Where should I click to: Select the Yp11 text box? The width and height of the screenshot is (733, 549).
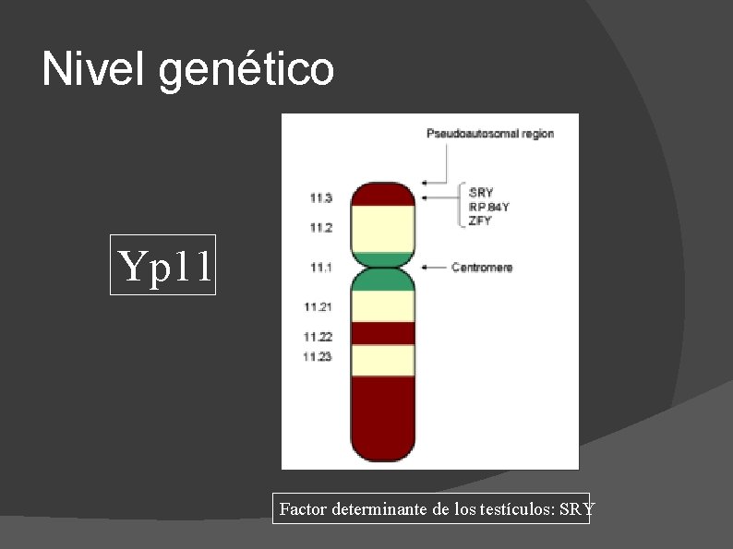(x=162, y=265)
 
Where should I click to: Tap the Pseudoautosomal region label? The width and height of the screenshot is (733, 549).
(x=490, y=134)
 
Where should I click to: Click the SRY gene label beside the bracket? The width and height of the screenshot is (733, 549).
(x=481, y=193)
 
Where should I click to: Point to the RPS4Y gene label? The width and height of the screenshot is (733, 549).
(x=489, y=207)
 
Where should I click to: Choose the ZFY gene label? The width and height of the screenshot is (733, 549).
(x=480, y=221)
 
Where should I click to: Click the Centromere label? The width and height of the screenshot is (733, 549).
(x=482, y=268)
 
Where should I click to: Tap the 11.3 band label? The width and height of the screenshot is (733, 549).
(x=321, y=197)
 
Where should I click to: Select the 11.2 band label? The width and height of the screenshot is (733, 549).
(x=321, y=227)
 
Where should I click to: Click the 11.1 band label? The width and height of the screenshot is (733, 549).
(x=321, y=268)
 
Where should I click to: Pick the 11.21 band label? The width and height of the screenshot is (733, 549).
(x=318, y=305)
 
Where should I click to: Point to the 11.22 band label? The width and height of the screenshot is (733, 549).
(x=318, y=337)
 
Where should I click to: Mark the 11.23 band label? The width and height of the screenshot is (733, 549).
(x=318, y=356)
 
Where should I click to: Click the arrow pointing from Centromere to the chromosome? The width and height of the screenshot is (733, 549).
(x=434, y=268)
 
